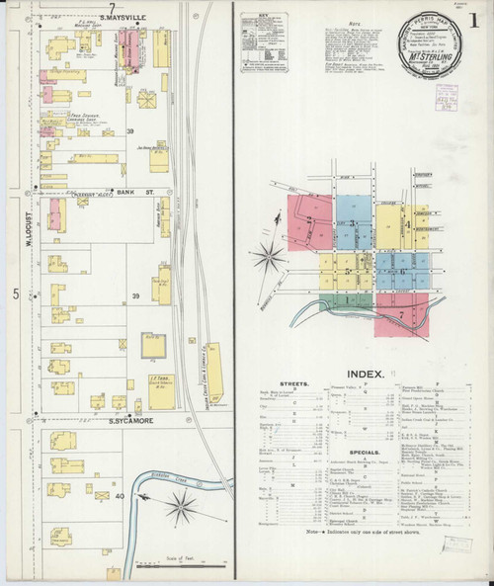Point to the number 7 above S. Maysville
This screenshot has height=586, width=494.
(x=114, y=9)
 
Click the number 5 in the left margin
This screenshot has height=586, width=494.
(x=15, y=294)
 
